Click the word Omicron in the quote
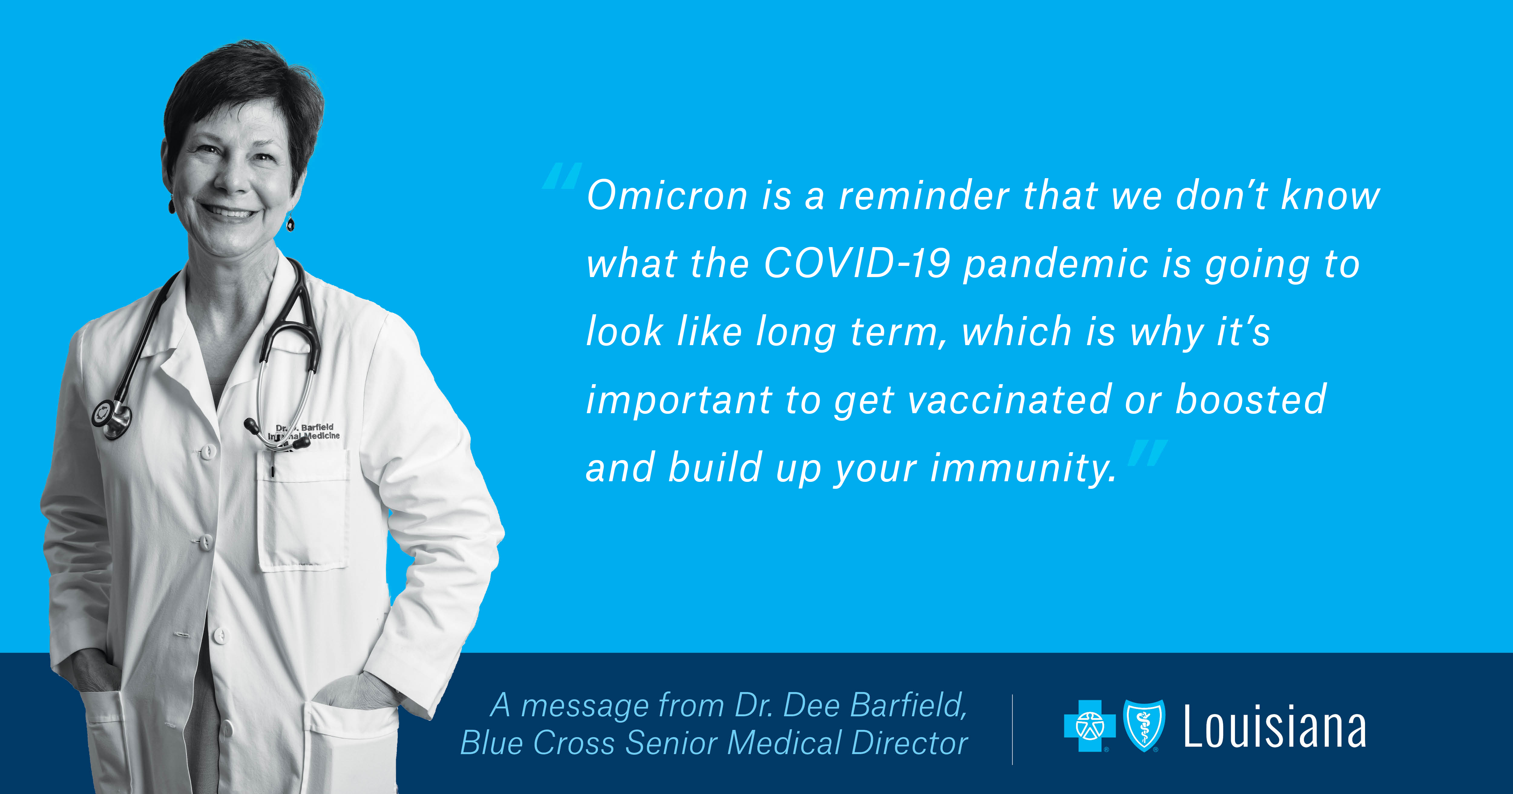point(667,196)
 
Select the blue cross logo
point(1090,726)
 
